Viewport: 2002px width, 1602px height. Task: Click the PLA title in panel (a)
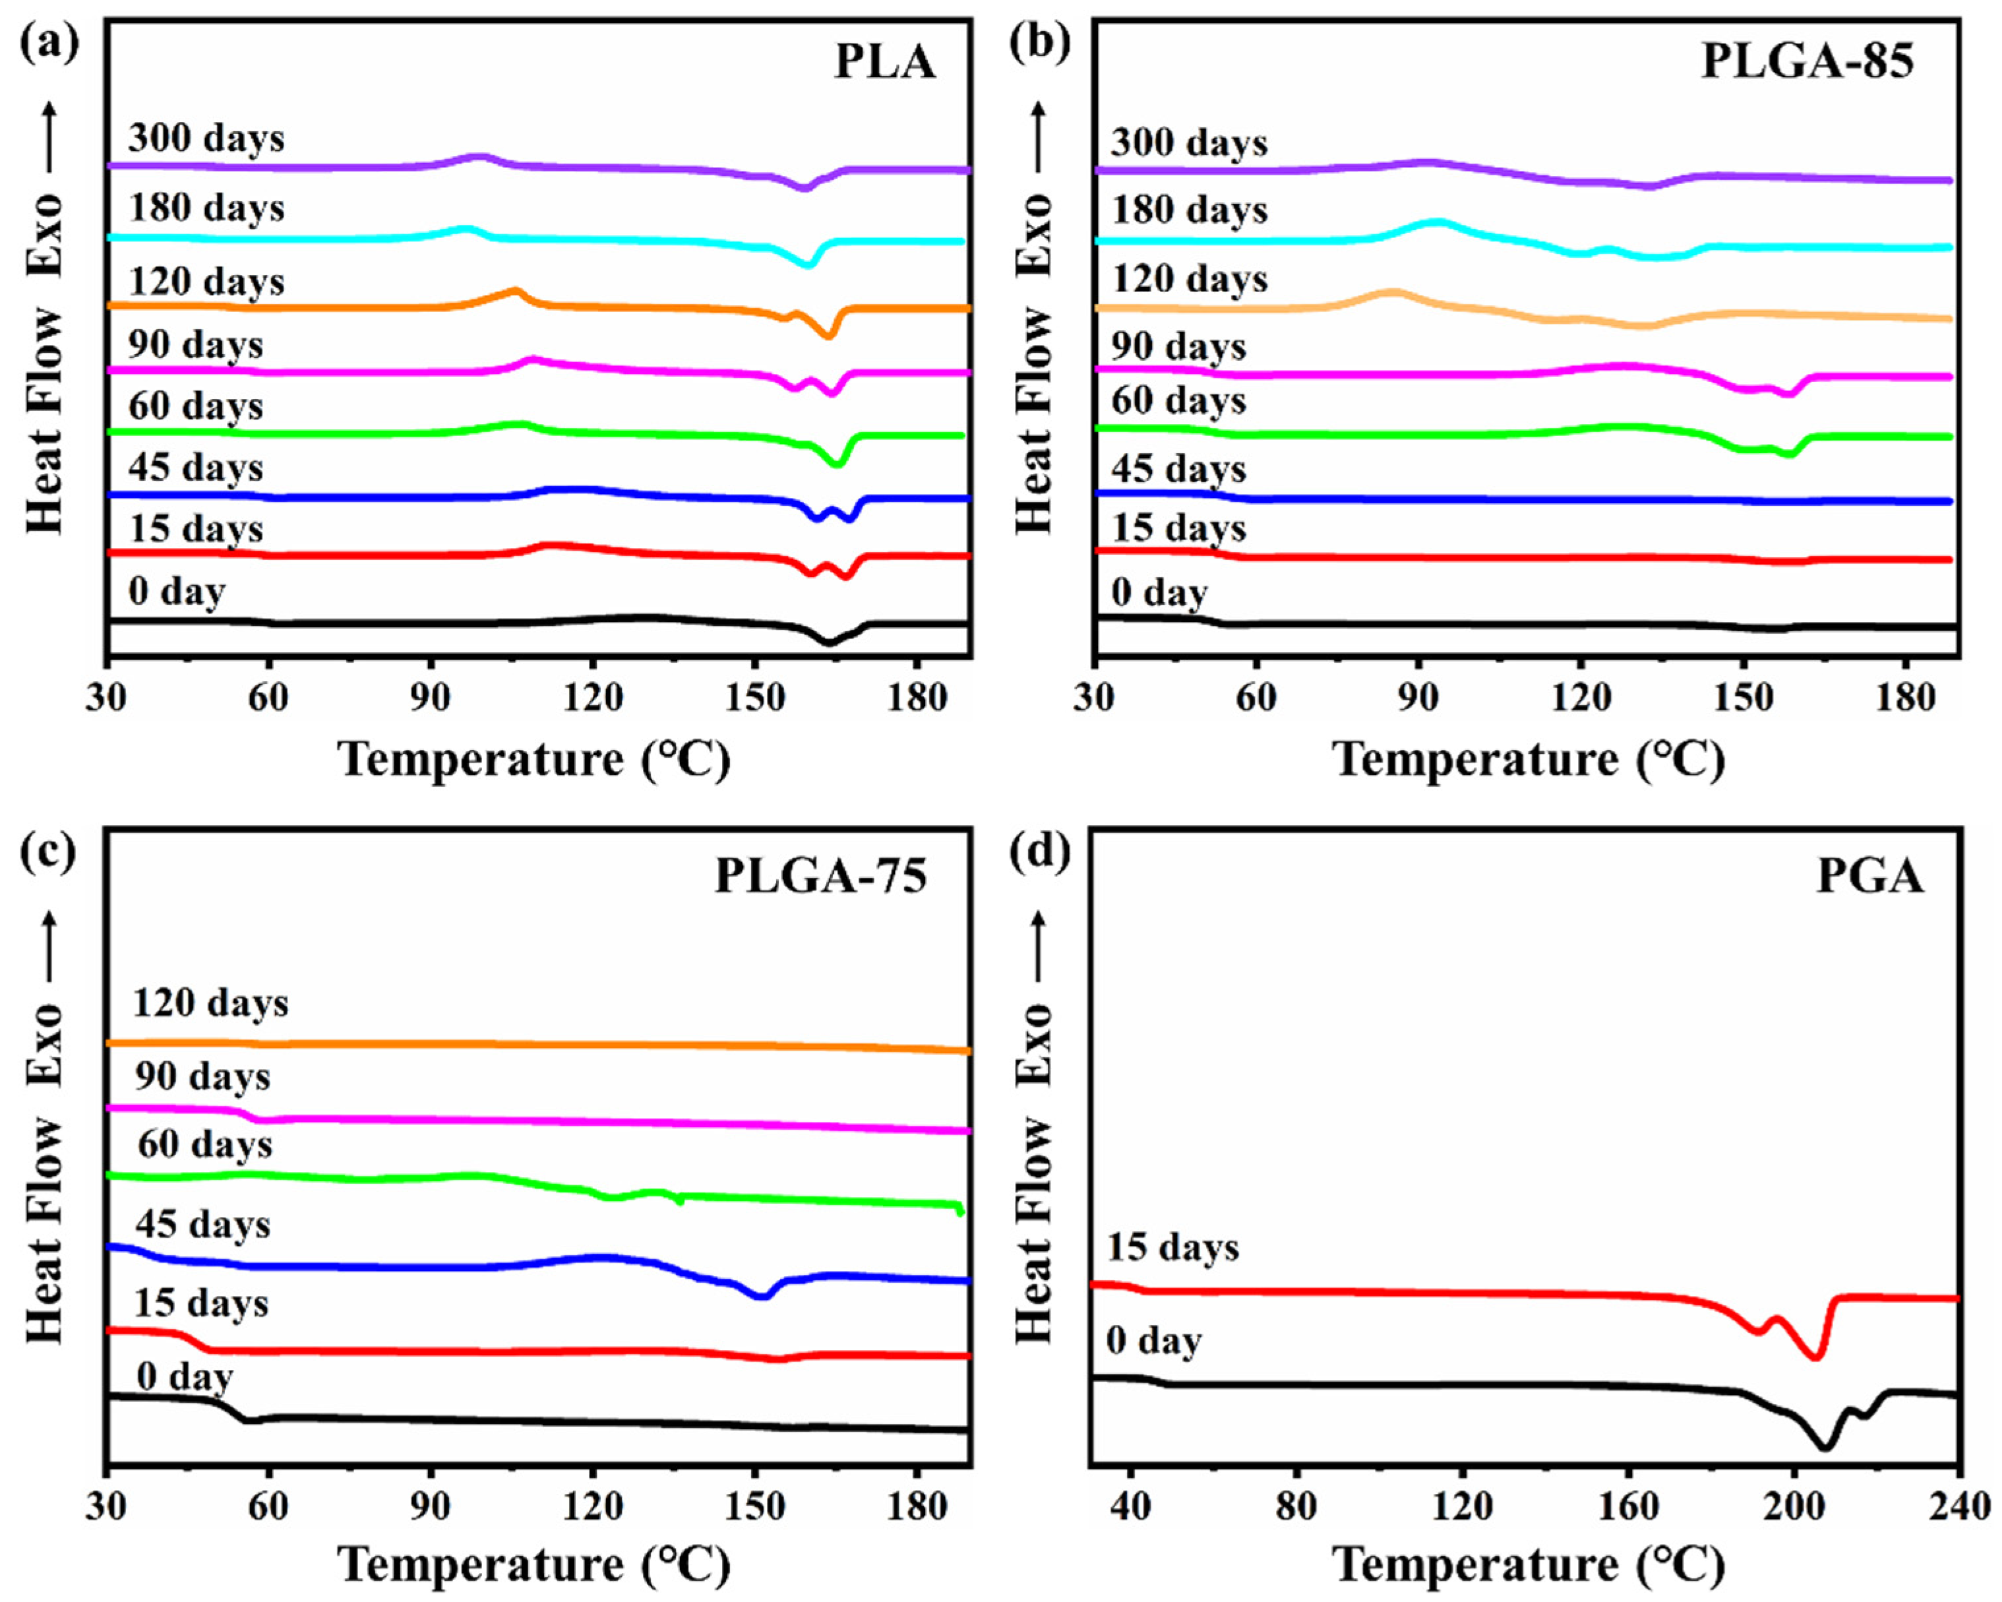884,62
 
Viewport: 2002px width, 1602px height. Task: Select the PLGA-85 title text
1806,62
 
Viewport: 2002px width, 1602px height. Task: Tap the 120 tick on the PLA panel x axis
592,697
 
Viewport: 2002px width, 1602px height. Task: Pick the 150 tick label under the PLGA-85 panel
1743,697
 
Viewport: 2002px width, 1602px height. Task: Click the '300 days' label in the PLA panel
206,139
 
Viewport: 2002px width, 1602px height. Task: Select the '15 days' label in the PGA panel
1173,1247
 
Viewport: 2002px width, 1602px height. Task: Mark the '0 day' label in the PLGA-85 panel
1159,592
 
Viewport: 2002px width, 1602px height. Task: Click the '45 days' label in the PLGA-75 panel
203,1224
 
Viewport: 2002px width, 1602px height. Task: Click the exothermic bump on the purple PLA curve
477,157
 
